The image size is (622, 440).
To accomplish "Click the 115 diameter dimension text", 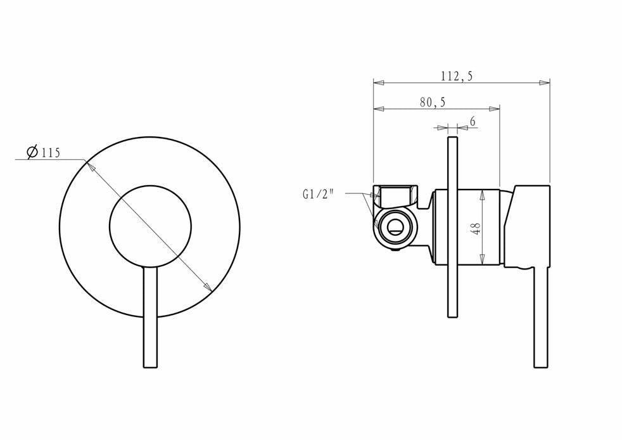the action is click(50, 153).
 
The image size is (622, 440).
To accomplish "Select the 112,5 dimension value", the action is click(457, 75).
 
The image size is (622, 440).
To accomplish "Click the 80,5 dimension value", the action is click(433, 102).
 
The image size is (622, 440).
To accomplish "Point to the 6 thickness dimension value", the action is click(473, 122).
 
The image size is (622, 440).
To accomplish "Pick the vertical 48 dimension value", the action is click(476, 228).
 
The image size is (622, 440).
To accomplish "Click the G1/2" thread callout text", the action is click(318, 194).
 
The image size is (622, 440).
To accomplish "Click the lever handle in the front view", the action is click(150, 318).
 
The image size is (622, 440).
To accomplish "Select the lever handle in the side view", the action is click(542, 318).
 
